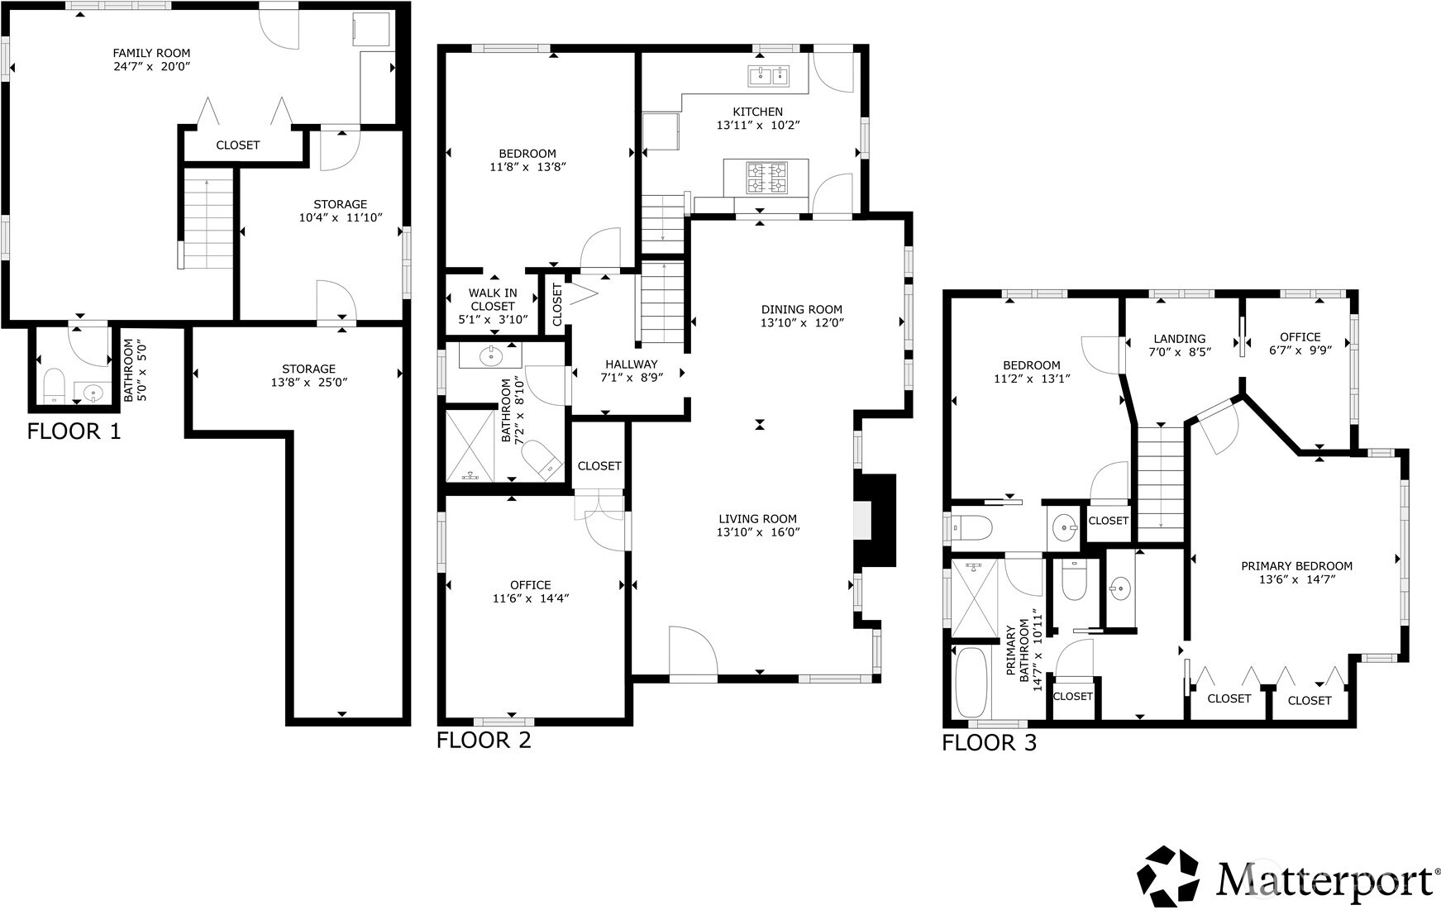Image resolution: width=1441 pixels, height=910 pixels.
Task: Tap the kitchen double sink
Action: click(x=769, y=76)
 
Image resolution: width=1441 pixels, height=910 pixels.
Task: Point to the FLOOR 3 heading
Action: click(x=989, y=743)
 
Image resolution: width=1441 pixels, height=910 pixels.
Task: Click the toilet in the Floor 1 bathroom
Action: click(x=54, y=385)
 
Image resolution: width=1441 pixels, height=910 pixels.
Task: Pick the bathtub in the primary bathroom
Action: click(x=972, y=683)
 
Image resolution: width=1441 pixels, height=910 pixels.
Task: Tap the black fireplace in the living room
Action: click(x=876, y=520)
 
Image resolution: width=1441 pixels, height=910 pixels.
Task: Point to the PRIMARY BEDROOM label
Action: click(x=1296, y=566)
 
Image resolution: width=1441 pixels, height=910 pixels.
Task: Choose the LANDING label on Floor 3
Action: click(x=1180, y=339)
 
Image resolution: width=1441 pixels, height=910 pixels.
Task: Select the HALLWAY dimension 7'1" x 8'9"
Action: click(x=631, y=378)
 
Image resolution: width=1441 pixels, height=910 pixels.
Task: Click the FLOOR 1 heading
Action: click(x=74, y=431)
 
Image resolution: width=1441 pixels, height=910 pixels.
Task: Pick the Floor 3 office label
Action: click(x=1300, y=337)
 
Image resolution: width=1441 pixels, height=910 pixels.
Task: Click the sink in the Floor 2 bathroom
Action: click(x=491, y=356)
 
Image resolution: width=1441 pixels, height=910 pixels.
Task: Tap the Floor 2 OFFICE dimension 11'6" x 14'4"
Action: click(x=530, y=598)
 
